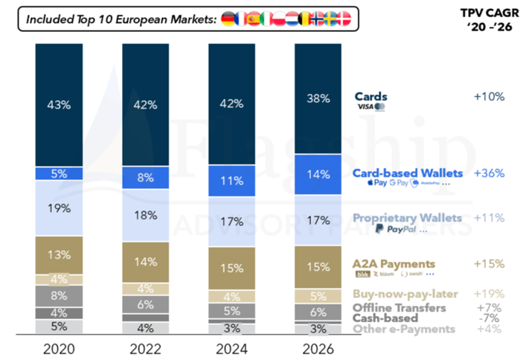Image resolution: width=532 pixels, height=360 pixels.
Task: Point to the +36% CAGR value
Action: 488,173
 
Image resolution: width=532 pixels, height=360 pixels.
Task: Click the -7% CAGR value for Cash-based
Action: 490,318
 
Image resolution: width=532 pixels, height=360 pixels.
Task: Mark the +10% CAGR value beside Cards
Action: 488,96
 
